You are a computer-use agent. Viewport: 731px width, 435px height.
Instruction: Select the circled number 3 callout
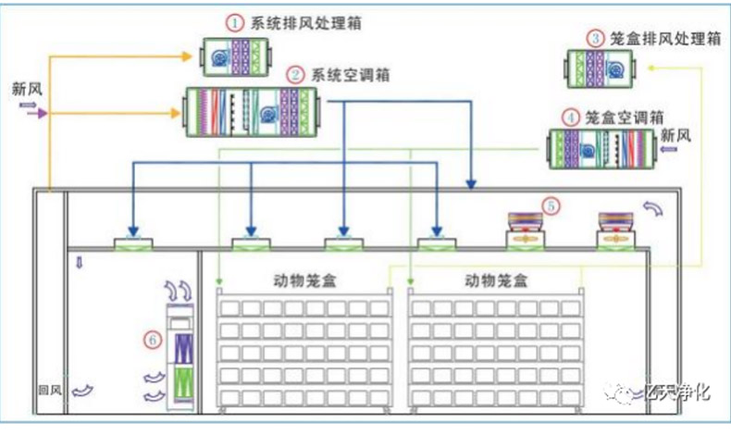(x=594, y=38)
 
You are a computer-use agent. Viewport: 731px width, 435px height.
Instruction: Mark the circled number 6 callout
(x=151, y=340)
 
